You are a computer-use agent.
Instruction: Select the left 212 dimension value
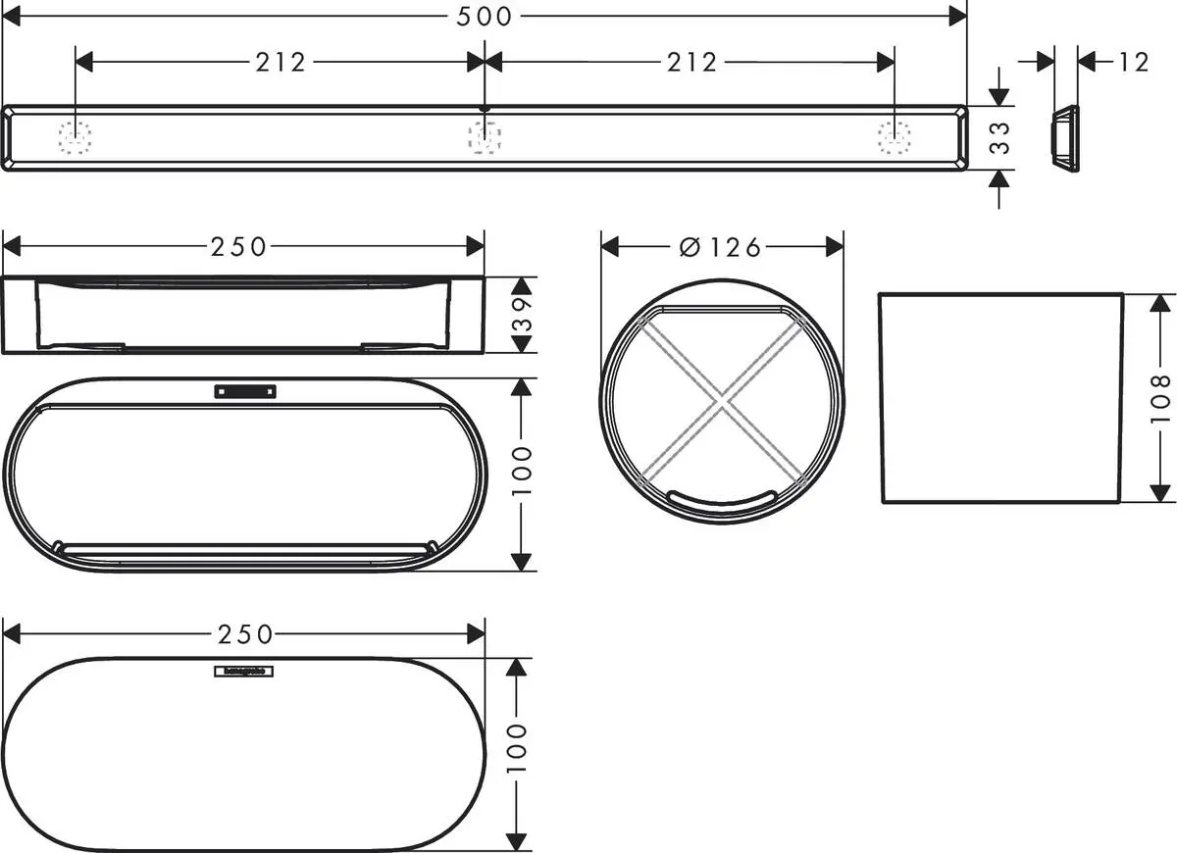pos(281,63)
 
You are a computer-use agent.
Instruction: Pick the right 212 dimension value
pos(691,63)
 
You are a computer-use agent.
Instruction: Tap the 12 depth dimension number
pos(1132,63)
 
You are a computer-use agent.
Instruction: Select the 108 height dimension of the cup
pos(1160,397)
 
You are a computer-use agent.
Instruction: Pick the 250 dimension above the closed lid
pos(244,634)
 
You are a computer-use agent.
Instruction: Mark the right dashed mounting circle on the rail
pos(893,138)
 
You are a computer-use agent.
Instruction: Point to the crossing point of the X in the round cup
pos(722,400)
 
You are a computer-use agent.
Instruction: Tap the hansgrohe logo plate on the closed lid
pos(244,672)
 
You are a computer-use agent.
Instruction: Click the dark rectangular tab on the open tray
pos(245,391)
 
